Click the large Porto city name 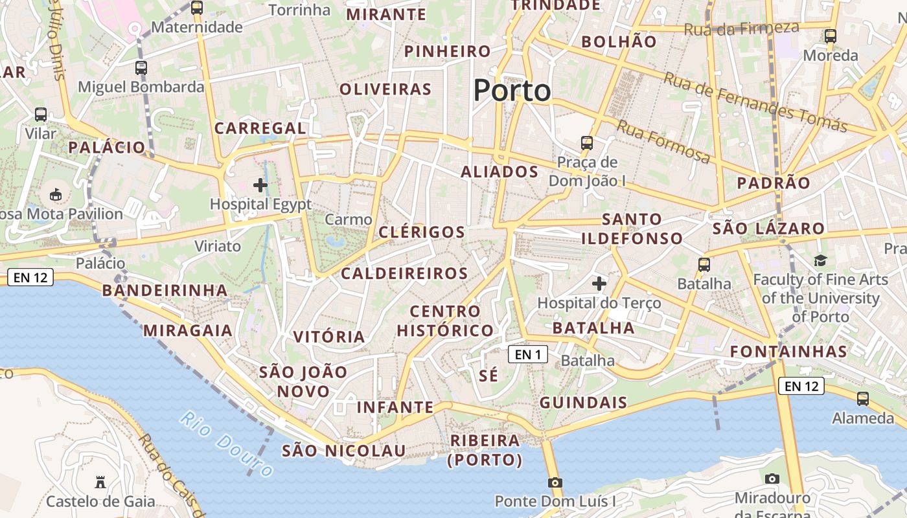pos(512,90)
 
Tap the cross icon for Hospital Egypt pos(260,185)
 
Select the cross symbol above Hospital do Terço pos(599,284)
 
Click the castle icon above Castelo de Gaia pos(100,482)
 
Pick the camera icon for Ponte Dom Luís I pos(555,482)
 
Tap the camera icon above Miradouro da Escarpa pos(772,479)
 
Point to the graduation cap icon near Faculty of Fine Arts pos(821,260)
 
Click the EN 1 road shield pos(528,354)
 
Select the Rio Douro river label pos(227,444)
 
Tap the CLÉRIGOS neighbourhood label pos(422,232)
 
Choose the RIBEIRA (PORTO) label pos(485,450)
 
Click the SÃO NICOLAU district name pos(344,451)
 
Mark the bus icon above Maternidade pos(197,8)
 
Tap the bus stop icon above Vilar pos(41,115)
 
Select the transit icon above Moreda pos(831,36)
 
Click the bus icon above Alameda pos(863,399)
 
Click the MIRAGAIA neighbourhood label pos(188,330)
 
